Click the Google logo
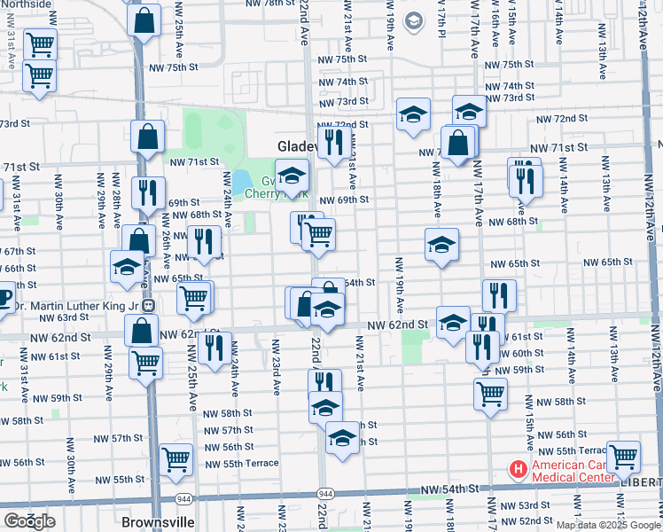(30, 521)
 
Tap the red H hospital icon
(517, 466)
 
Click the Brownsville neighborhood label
(157, 521)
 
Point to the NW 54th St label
(449, 489)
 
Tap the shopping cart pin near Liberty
(624, 457)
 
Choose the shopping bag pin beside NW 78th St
(144, 19)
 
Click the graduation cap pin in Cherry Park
(291, 176)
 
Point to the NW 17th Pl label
(441, 18)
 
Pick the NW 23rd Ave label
(276, 365)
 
